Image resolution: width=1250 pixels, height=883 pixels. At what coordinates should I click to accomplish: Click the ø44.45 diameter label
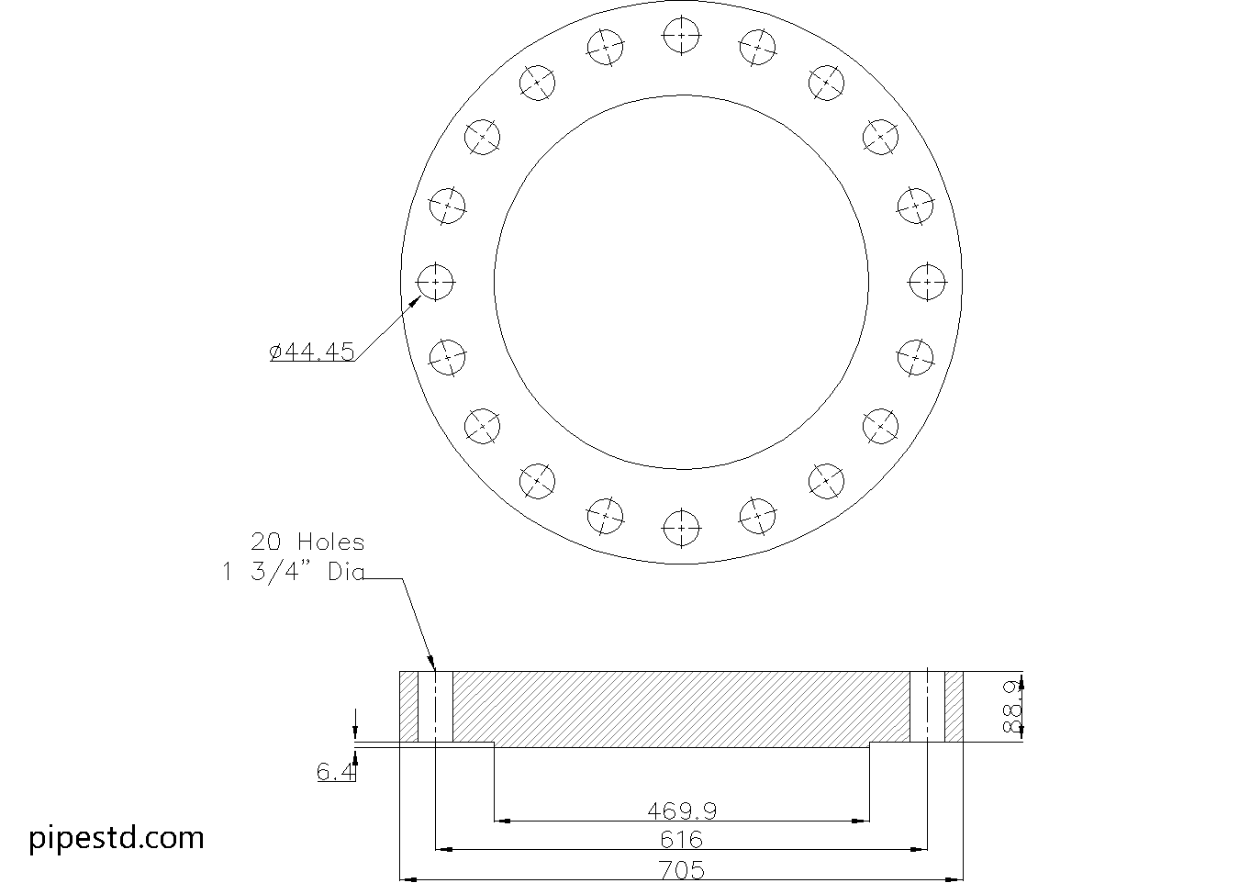312,352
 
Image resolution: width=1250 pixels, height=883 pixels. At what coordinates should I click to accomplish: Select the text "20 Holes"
307,542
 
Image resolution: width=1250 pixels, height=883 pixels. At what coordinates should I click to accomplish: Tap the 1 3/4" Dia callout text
293,572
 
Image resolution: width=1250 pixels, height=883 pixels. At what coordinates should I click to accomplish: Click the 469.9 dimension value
681,811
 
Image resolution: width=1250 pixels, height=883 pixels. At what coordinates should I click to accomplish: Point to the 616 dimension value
681,840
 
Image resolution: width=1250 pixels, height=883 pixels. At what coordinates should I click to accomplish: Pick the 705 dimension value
681,869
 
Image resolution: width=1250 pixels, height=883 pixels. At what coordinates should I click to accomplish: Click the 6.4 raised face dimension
336,773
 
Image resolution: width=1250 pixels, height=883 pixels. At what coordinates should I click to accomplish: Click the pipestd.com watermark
117,837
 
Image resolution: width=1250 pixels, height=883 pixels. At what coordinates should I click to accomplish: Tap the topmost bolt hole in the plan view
681,35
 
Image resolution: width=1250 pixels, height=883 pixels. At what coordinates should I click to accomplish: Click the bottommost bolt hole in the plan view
681,528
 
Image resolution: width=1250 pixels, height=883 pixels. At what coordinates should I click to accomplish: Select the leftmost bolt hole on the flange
435,281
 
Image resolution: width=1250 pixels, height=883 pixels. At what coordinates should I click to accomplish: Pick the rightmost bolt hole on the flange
927,281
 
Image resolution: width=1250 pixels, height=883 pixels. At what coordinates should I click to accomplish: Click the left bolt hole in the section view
435,707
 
